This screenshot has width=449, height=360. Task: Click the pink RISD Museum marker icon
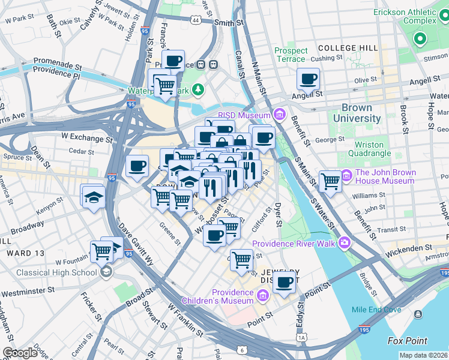[x=279, y=115]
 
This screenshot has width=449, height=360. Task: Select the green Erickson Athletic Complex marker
[x=420, y=40]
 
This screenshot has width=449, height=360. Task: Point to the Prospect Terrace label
[x=291, y=55]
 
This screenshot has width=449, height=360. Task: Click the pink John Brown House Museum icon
[x=346, y=176]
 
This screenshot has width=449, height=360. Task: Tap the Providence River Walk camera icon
[x=344, y=243]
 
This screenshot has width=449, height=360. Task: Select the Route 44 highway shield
[x=196, y=20]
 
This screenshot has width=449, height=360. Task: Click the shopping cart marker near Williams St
[x=330, y=181]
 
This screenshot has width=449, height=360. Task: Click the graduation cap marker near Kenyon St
[x=93, y=196]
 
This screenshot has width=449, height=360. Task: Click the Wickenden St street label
[x=408, y=247]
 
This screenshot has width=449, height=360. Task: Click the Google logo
[x=20, y=353]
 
